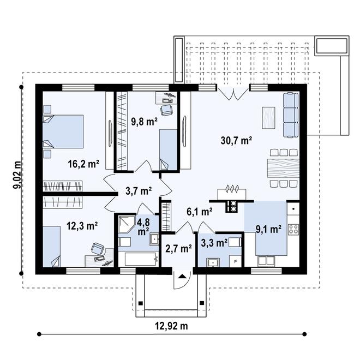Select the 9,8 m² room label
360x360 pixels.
(x=145, y=121)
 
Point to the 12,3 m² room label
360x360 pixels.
(x=82, y=225)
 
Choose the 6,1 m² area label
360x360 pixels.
(x=199, y=212)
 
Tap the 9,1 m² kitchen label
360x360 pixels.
(x=268, y=229)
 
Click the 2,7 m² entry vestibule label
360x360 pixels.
(x=178, y=249)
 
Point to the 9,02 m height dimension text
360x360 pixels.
(x=17, y=175)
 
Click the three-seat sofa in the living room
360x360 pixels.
(x=290, y=115)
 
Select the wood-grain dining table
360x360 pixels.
(x=283, y=166)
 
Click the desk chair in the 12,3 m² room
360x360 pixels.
(x=98, y=249)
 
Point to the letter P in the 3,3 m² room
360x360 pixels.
(x=235, y=261)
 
